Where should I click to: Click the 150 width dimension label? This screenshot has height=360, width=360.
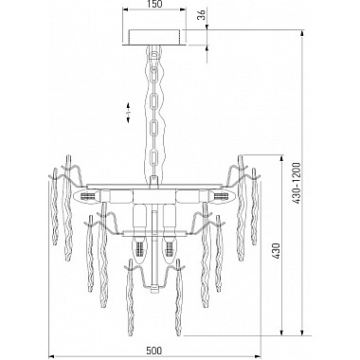(154, 4)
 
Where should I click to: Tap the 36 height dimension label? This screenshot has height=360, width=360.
(201, 14)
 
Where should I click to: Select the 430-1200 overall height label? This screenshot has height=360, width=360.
(296, 183)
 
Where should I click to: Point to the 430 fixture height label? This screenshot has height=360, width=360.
(276, 251)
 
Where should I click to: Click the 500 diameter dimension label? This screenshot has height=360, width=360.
(154, 351)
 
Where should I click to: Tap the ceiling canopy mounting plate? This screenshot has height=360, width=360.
(154, 37)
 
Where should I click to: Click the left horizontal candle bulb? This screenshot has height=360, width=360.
(86, 196)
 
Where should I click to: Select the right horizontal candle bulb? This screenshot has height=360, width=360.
(222, 196)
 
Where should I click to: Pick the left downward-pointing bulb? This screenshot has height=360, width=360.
(139, 249)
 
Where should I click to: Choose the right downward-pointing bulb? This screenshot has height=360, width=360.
(169, 249)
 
